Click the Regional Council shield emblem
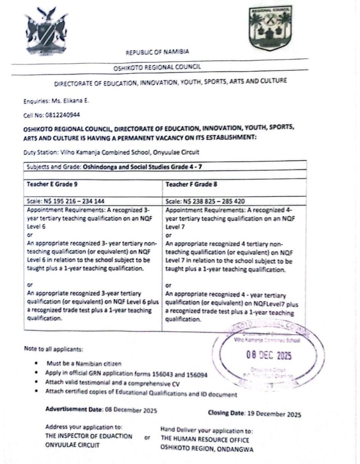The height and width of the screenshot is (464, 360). [x=270, y=28]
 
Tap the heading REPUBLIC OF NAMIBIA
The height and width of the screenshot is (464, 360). [x=157, y=52]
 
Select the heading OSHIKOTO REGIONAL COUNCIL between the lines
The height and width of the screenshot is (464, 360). [x=157, y=67]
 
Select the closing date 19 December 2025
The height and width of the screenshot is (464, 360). [x=274, y=414]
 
